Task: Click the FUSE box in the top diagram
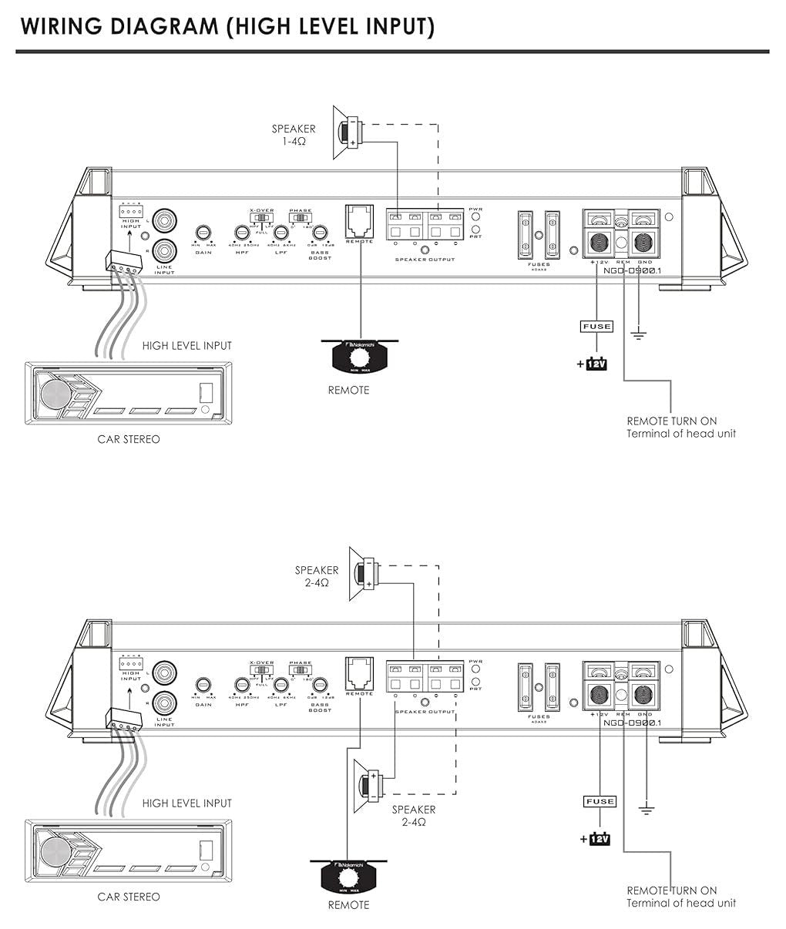pyautogui.click(x=596, y=327)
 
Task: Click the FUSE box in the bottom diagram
pyautogui.click(x=600, y=802)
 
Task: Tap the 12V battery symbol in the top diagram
pyautogui.click(x=596, y=363)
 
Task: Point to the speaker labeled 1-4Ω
pyautogui.click(x=348, y=132)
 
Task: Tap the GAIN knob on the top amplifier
pyautogui.click(x=203, y=232)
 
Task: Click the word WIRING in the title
pyautogui.click(x=60, y=26)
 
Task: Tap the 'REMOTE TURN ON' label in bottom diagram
pyautogui.click(x=671, y=890)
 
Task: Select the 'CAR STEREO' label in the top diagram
pyautogui.click(x=129, y=439)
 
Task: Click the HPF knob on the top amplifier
pyautogui.click(x=242, y=232)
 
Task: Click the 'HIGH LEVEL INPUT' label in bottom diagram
pyautogui.click(x=186, y=803)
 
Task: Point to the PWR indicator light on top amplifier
pyautogui.click(x=476, y=217)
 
